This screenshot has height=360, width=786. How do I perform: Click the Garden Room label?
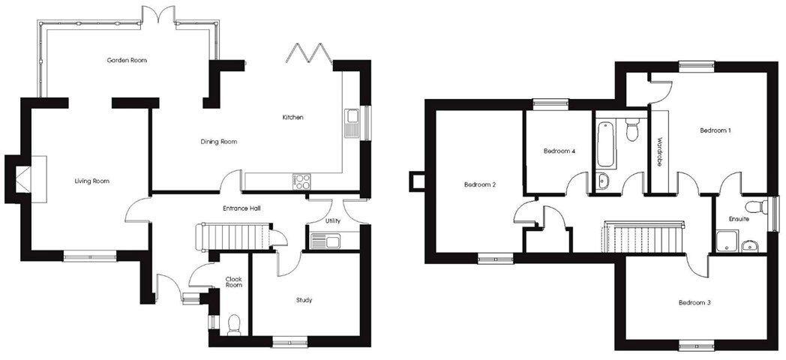pyautogui.click(x=126, y=60)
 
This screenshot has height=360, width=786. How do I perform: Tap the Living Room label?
pyautogui.click(x=92, y=181)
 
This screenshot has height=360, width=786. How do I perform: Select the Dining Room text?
pyautogui.click(x=218, y=142)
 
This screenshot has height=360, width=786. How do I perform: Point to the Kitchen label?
pyautogui.click(x=292, y=118)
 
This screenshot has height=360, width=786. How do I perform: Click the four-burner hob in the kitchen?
pyautogui.click(x=301, y=181)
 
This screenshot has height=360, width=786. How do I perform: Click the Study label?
pyautogui.click(x=304, y=300)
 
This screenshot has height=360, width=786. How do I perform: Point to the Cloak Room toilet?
pyautogui.click(x=233, y=322)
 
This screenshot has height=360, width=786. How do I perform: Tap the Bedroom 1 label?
pyautogui.click(x=715, y=130)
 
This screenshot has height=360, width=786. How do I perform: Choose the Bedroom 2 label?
pyautogui.click(x=479, y=184)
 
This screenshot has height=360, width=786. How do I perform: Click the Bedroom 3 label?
pyautogui.click(x=694, y=303)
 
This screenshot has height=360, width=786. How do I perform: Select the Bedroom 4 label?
pyautogui.click(x=559, y=151)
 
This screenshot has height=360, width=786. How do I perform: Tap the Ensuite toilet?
pyautogui.click(x=751, y=207)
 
